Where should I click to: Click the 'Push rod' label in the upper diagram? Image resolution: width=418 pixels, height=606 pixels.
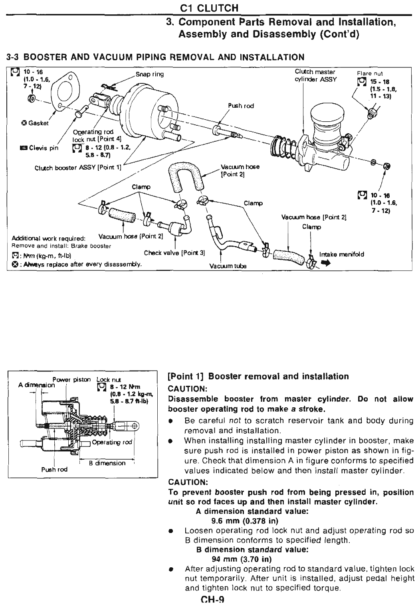point(241,106)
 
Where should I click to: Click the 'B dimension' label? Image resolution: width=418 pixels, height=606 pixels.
point(107,463)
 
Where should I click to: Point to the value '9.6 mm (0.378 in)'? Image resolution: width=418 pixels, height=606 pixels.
point(244,521)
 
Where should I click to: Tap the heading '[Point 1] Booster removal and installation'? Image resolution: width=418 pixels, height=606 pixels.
point(258,377)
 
